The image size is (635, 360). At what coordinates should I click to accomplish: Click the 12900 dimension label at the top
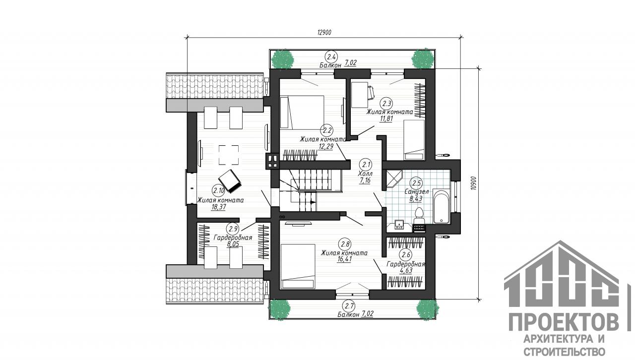pos(324,32)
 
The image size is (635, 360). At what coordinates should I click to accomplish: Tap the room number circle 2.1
pos(366,165)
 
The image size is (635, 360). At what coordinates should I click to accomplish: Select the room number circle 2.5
pos(416,183)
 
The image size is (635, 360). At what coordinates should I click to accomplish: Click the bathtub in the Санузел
pos(442,207)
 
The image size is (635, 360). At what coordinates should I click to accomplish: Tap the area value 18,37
pos(219,207)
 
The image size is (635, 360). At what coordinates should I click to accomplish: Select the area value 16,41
pos(344,259)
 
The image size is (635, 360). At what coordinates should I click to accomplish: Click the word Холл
pos(366,174)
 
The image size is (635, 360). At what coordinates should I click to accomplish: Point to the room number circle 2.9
pos(233,229)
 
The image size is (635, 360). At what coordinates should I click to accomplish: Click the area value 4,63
pos(406,271)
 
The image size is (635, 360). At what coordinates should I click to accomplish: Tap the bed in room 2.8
pos(298,266)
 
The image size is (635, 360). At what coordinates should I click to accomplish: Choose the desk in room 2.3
pos(360,95)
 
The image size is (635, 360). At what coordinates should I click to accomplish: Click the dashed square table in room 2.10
pos(229,155)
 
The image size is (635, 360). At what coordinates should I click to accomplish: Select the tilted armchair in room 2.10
pos(230,181)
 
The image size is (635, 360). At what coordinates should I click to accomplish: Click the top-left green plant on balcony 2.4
pos(282,59)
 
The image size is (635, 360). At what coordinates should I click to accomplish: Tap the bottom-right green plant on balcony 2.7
pos(428,309)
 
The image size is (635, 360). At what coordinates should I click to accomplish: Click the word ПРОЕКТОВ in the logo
pos(564,322)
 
